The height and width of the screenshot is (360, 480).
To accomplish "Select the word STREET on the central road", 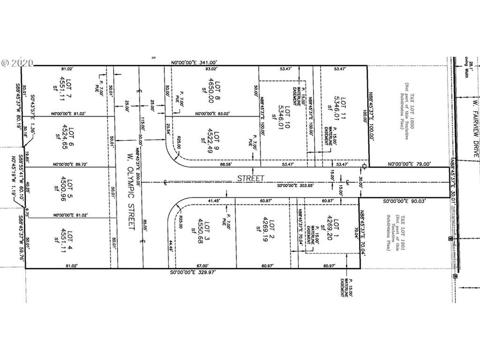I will [x=252, y=178].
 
